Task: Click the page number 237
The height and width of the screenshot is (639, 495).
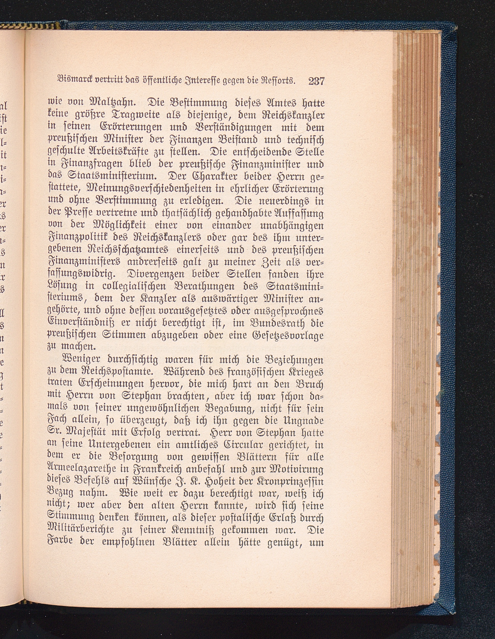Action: (317, 81)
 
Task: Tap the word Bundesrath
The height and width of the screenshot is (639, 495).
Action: (279, 324)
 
